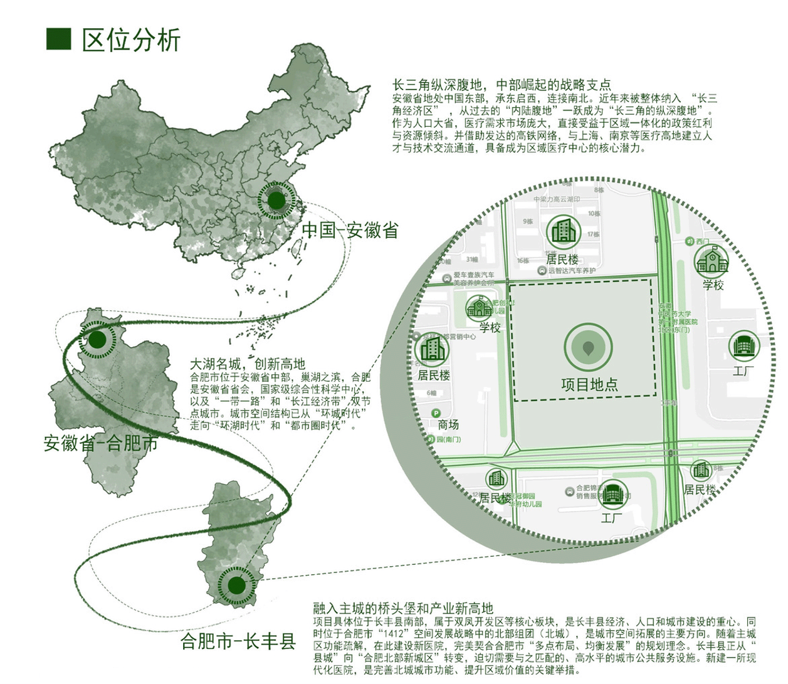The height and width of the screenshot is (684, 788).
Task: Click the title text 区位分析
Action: [131, 39]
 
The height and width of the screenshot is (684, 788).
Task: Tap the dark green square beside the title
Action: [59, 38]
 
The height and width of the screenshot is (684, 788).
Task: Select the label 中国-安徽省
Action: [350, 230]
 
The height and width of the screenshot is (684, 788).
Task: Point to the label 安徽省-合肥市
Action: [100, 443]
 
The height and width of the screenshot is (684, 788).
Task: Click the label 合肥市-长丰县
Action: [238, 641]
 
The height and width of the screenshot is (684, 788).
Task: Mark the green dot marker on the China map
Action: [276, 201]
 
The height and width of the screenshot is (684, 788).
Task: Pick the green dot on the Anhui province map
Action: [97, 340]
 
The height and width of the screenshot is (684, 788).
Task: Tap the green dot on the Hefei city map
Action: [236, 586]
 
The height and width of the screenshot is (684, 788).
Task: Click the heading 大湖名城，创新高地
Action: [248, 364]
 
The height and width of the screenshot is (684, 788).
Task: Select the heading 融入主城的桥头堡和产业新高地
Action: [403, 608]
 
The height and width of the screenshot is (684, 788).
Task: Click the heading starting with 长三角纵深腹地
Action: [502, 85]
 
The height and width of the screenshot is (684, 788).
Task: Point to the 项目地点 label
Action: [589, 384]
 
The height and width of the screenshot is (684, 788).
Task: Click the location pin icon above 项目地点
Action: [588, 347]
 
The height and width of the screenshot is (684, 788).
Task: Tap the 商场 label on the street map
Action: [448, 424]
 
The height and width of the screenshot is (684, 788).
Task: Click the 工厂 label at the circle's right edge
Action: [744, 370]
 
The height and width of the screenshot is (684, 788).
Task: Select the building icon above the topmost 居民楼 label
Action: [562, 232]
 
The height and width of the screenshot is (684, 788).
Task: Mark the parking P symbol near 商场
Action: [436, 413]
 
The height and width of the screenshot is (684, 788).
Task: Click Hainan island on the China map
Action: [238, 274]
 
